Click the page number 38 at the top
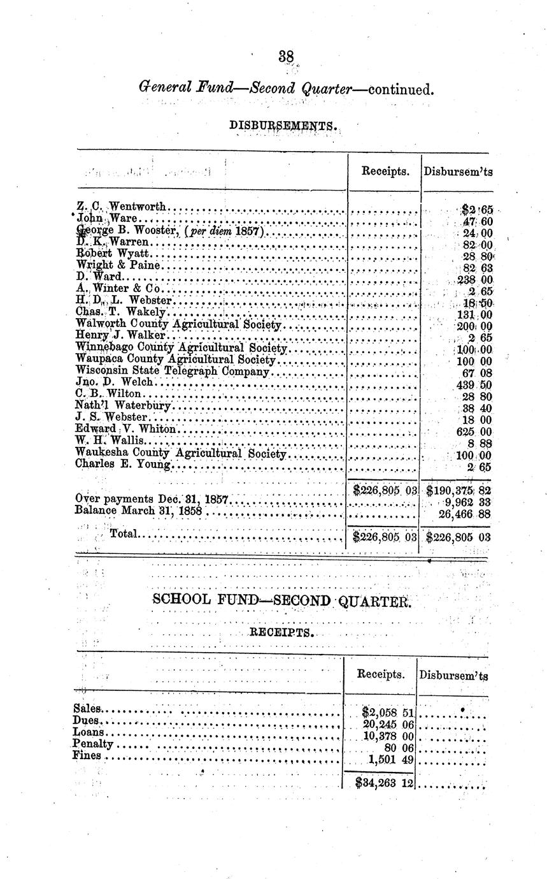click(285, 57)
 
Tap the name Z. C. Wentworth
click(121, 207)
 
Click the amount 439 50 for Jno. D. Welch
click(474, 384)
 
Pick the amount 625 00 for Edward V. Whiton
click(474, 432)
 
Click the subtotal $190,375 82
click(458, 490)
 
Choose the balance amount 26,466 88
click(465, 513)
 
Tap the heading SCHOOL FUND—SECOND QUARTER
click(281, 600)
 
